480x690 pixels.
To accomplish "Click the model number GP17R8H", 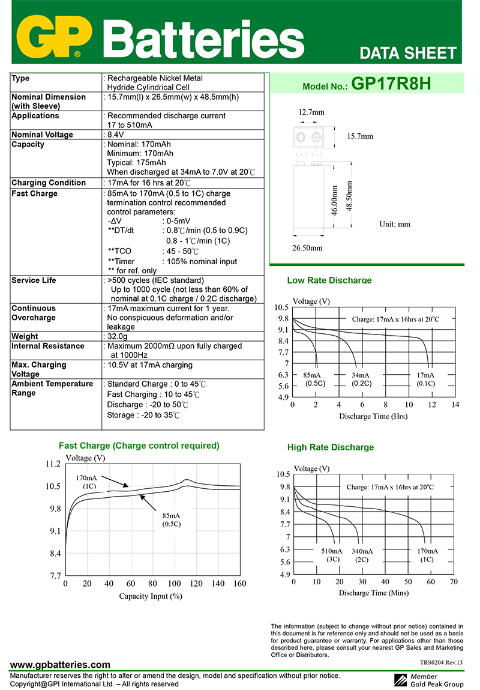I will pyautogui.click(x=391, y=83).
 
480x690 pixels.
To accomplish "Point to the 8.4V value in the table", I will pyautogui.click(x=115, y=135).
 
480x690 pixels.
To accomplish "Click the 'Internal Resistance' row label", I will pyautogui.click(x=48, y=346).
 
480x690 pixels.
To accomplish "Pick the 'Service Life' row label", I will pyautogui.click(x=35, y=280).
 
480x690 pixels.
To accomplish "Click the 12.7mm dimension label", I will pyautogui.click(x=312, y=112).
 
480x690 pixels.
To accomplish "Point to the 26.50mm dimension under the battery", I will pyautogui.click(x=307, y=247).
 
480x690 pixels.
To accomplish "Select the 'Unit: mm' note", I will pyautogui.click(x=395, y=224).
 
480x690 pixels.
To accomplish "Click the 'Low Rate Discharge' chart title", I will pyautogui.click(x=329, y=280).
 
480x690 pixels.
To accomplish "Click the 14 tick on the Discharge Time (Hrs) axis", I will pyautogui.click(x=455, y=405).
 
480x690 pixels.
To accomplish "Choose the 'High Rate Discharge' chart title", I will pyautogui.click(x=331, y=447).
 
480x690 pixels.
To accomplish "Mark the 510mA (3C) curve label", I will pyautogui.click(x=332, y=555).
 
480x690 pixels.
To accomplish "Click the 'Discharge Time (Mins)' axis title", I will pyautogui.click(x=373, y=593).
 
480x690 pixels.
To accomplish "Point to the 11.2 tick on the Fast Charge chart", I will pyautogui.click(x=53, y=464).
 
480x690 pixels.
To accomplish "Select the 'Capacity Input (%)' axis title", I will pyautogui.click(x=151, y=596).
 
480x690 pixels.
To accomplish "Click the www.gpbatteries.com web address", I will pyautogui.click(x=61, y=665).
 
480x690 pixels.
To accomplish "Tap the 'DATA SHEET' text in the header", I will pyautogui.click(x=408, y=53).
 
